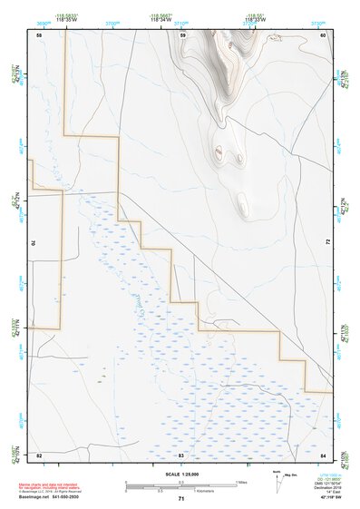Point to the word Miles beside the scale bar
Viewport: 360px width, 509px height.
click(242, 481)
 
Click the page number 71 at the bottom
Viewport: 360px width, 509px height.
click(180, 499)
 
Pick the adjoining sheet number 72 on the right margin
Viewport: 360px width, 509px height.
click(326, 242)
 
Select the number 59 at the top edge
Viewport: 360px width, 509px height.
click(182, 34)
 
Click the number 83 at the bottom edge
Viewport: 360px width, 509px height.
click(181, 454)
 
